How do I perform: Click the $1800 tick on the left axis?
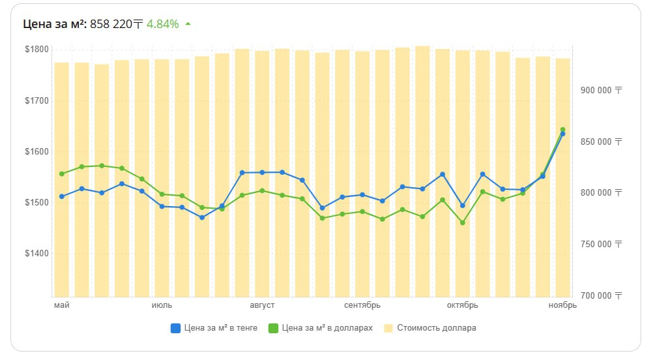pos(37,50)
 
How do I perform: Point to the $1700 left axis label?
pos(37,101)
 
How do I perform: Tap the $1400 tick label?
pos(37,254)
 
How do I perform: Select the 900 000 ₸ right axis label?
pos(600,91)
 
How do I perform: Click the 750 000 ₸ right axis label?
pos(600,245)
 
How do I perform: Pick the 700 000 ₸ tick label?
pos(600,296)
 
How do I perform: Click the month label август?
pos(262,305)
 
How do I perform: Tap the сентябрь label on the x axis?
pos(362,305)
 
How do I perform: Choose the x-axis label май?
pos(61,305)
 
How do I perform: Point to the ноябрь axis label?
pos(562,305)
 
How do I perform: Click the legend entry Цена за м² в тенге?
pos(214,328)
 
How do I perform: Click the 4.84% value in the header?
pos(162,24)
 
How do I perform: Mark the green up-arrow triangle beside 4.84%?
pos(188,24)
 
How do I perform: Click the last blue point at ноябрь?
pos(562,134)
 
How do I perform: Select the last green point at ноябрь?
pos(562,130)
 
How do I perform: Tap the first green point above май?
pos(61,174)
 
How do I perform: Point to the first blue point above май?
pos(61,196)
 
